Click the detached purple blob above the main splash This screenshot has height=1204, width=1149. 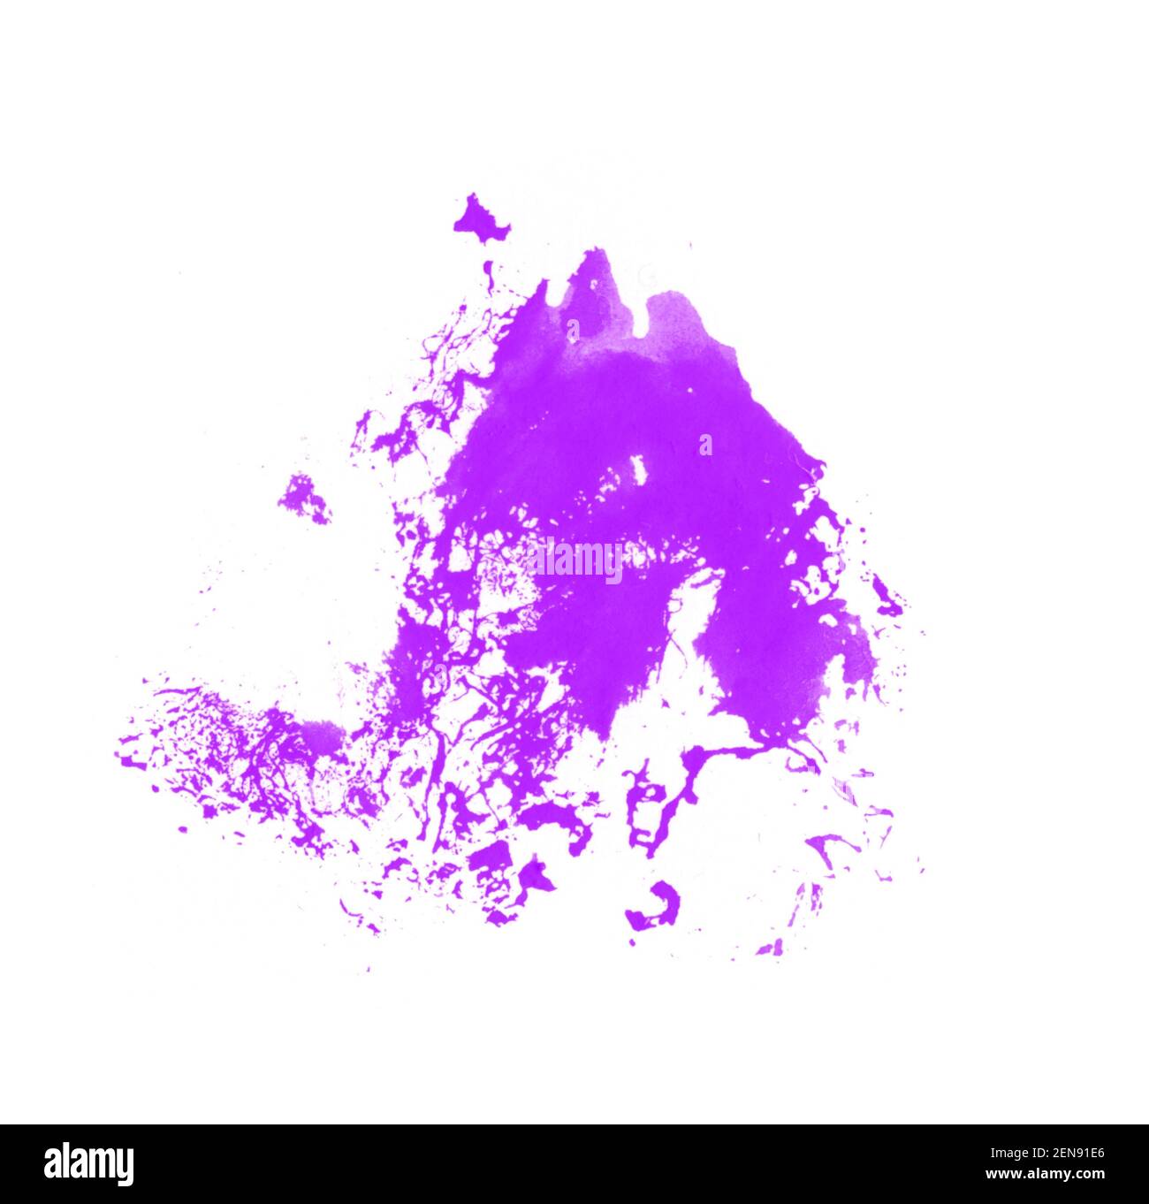pyautogui.click(x=480, y=218)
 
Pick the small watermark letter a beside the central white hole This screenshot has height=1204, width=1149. pyautogui.click(x=705, y=445)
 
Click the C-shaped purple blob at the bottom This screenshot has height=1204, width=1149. pyautogui.click(x=657, y=907)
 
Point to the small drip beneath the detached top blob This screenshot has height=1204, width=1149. pyautogui.click(x=487, y=268)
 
